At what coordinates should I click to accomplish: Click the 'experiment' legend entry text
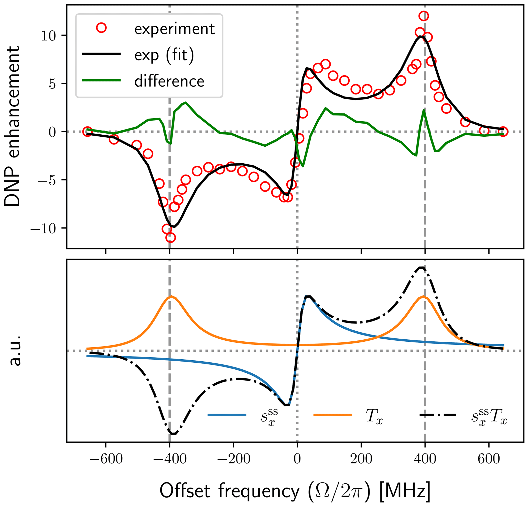point(174,29)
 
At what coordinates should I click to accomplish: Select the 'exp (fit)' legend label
point(164,55)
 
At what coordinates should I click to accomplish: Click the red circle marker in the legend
point(102,28)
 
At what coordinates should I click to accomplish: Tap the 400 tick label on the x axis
point(425,459)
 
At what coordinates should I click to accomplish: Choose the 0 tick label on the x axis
point(297,459)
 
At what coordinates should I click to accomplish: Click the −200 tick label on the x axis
point(233,459)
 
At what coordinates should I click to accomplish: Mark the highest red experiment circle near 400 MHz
point(424,16)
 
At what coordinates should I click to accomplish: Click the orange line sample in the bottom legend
point(332,415)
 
